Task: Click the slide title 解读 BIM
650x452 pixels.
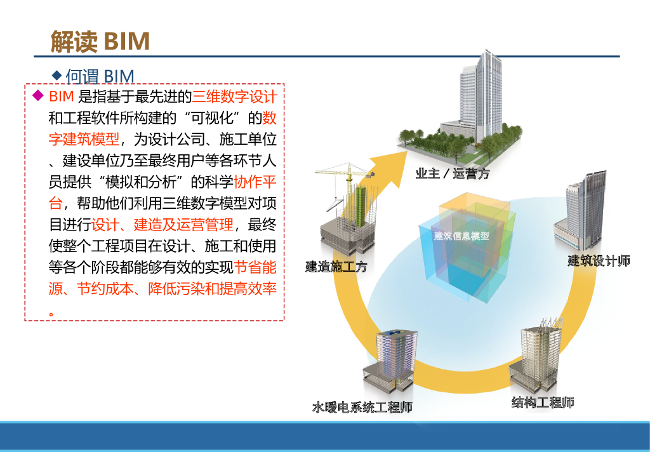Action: coord(100,41)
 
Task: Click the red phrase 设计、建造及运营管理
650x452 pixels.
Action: coord(162,225)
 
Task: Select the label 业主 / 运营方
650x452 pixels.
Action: coord(452,173)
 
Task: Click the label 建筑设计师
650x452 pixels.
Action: coord(598,261)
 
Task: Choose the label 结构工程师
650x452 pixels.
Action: coord(543,402)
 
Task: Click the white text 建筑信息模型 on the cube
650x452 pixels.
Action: coord(461,236)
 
